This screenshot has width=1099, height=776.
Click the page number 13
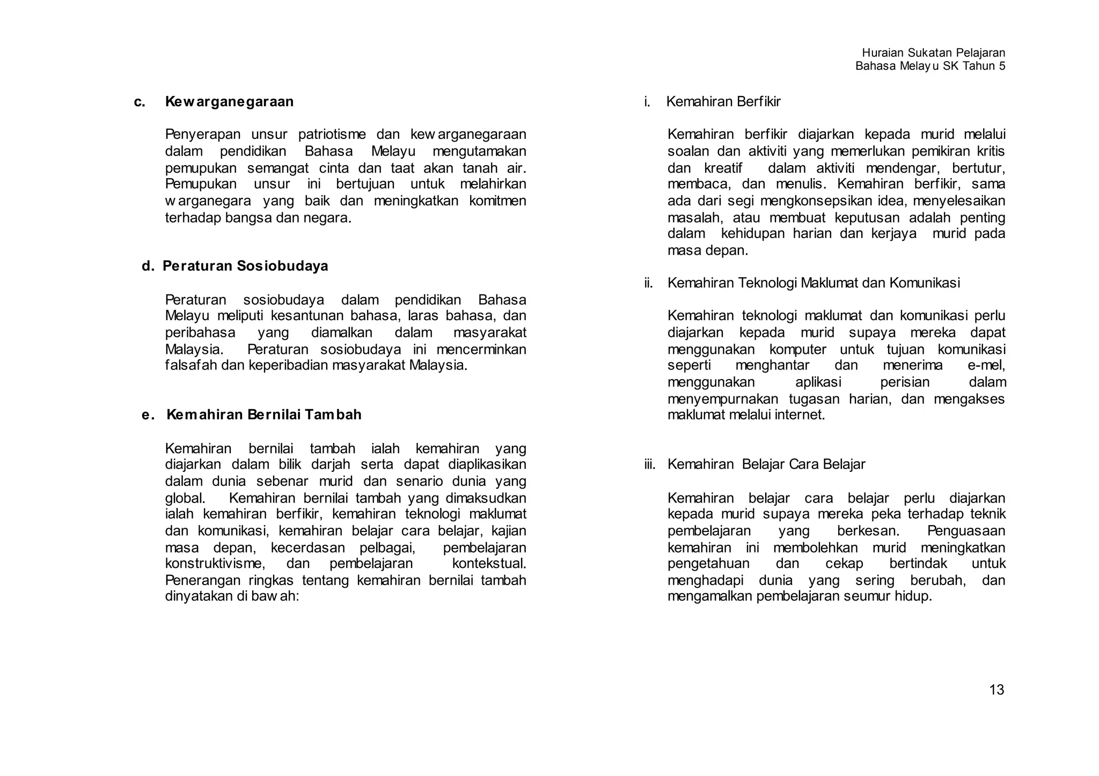997,690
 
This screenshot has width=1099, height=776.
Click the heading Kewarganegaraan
229,101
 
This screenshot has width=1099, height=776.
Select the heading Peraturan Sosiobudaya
245,266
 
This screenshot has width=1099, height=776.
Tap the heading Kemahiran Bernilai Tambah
264,415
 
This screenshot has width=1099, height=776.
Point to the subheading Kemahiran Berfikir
723,101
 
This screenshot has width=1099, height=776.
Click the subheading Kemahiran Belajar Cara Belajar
766,464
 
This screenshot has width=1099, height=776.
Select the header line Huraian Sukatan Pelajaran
933,53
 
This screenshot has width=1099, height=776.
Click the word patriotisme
332,134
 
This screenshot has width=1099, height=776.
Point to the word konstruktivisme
215,564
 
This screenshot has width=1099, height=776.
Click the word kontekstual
489,564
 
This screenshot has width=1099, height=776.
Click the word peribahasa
200,332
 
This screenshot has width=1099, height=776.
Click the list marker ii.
648,283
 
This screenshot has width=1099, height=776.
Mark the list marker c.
140,101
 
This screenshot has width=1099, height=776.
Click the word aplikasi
818,382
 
